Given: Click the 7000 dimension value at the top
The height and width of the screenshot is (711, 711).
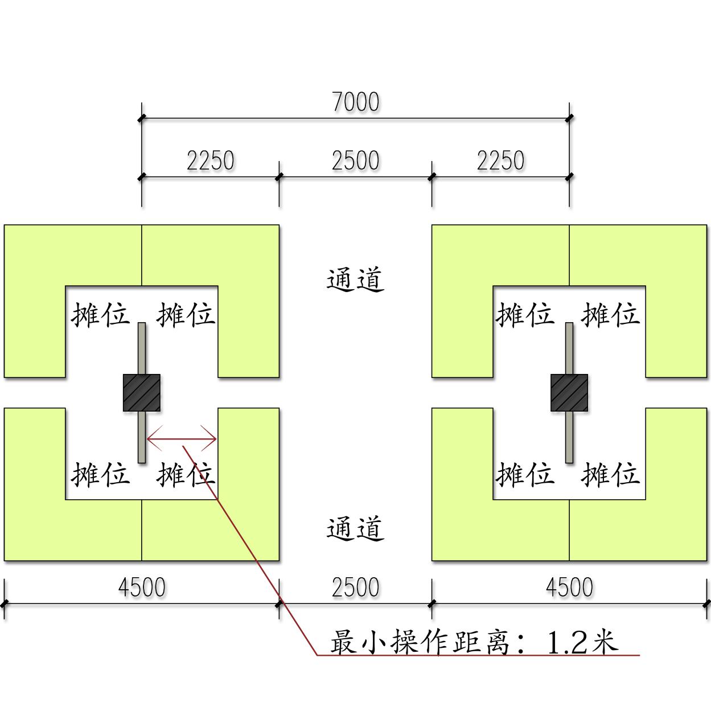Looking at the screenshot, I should [x=355, y=102].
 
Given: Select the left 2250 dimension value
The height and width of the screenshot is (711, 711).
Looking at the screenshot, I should [x=210, y=161].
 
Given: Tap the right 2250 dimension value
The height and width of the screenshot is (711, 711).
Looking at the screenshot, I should [x=500, y=161].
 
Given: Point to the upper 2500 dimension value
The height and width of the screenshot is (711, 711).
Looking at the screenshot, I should [x=355, y=161].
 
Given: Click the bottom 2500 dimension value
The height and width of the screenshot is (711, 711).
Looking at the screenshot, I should [x=355, y=587].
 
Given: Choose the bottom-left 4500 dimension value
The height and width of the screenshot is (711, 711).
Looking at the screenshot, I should [x=142, y=587].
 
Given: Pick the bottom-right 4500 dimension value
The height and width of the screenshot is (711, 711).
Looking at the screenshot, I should [x=569, y=587].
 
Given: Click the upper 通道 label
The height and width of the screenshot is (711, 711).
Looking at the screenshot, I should [x=355, y=280].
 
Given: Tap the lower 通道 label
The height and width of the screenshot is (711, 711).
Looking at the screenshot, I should [x=355, y=529].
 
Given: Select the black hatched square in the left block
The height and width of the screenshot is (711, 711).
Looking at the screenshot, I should [x=142, y=393].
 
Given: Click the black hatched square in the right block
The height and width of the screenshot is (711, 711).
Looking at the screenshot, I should [x=569, y=393].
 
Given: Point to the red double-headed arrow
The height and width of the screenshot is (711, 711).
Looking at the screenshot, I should [x=182, y=439].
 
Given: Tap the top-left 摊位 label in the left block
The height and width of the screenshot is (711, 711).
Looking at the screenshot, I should [x=100, y=314].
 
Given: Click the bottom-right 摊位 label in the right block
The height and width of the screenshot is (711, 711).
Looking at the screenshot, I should [x=610, y=474].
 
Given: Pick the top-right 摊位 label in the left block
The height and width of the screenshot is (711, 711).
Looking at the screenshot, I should [x=186, y=314].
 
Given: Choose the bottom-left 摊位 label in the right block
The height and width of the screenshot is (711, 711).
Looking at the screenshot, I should [x=525, y=474].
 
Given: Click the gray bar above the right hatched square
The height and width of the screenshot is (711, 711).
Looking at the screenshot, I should [x=569, y=348].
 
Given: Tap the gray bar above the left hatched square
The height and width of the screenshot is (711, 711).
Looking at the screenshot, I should [x=142, y=348].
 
